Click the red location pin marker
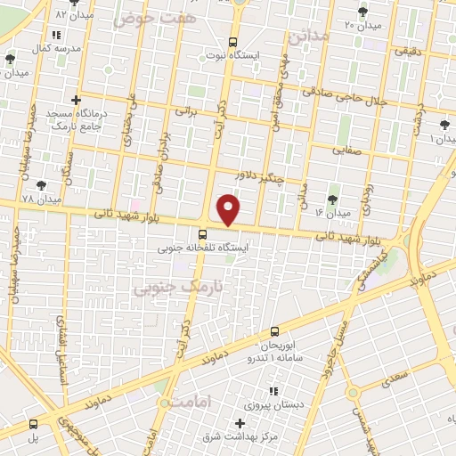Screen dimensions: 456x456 coord(229,208)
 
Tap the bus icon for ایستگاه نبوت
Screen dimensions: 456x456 coord(232,41)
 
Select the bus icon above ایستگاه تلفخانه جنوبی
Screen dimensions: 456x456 coord(202,235)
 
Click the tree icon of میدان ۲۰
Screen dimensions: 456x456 coord(362,11)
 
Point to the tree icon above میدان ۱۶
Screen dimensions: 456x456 coord(333,199)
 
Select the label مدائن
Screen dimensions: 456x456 coord(308,35)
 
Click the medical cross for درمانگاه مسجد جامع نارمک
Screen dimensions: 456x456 coord(77,100)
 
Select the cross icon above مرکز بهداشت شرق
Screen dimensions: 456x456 coord(239,422)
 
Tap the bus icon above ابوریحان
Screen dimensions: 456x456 coord(273,330)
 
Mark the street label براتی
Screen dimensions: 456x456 coord(184,112)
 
